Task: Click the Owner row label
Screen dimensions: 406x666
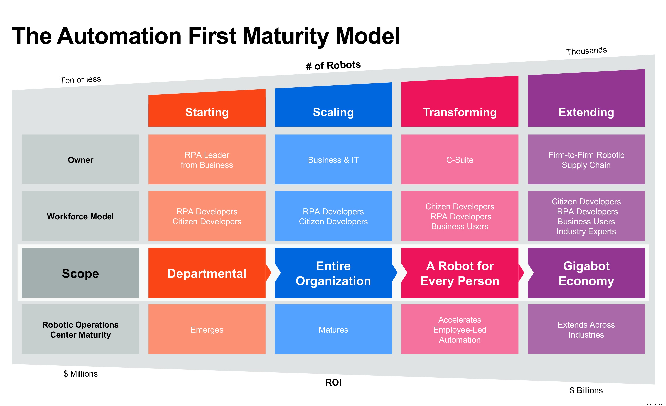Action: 80,160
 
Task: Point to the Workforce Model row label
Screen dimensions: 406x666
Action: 80,216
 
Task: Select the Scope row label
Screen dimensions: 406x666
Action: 80,273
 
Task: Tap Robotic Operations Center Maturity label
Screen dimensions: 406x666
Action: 80,329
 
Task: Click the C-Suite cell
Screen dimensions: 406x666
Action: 460,160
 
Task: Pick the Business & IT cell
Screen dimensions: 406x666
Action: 333,160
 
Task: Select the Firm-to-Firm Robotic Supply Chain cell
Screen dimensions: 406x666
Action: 586,160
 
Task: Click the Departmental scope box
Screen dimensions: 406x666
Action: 207,273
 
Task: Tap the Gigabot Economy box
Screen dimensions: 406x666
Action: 586,273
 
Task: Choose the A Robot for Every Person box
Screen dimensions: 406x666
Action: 460,273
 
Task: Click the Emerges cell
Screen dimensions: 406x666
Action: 207,329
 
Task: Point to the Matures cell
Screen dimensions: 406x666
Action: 333,329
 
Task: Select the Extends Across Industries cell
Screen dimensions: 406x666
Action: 586,329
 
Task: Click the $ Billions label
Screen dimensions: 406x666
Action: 586,390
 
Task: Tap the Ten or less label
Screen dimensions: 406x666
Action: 80,80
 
